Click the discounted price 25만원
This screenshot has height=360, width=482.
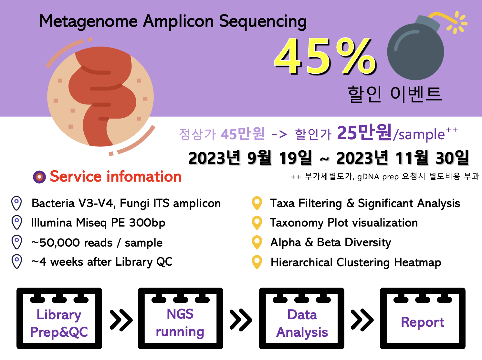tap(364, 132)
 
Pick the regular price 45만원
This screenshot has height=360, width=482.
tap(243, 133)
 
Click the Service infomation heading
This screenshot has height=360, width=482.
tap(116, 176)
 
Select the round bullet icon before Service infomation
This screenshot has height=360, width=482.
tap(39, 177)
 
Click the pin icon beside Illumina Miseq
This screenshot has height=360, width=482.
tap(17, 223)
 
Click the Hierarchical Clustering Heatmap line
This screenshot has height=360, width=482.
tap(356, 262)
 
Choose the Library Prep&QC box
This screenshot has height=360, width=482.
tap(59, 319)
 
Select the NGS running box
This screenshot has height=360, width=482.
tap(181, 319)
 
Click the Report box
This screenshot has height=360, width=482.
tap(423, 319)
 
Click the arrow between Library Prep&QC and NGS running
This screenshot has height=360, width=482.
tap(121, 320)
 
